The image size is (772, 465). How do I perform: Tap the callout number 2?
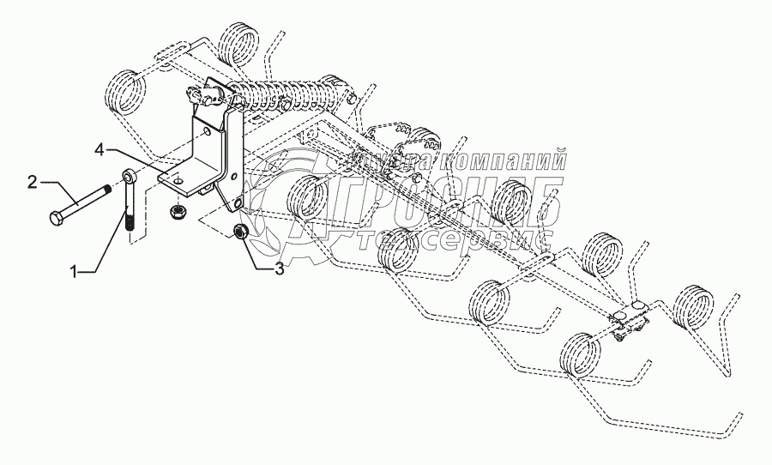click(x=32, y=181)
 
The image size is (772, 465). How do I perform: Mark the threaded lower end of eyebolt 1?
click(x=130, y=223)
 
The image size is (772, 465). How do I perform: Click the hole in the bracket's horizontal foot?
click(x=172, y=180)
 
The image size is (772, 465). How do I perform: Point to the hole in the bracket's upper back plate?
click(x=205, y=133)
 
